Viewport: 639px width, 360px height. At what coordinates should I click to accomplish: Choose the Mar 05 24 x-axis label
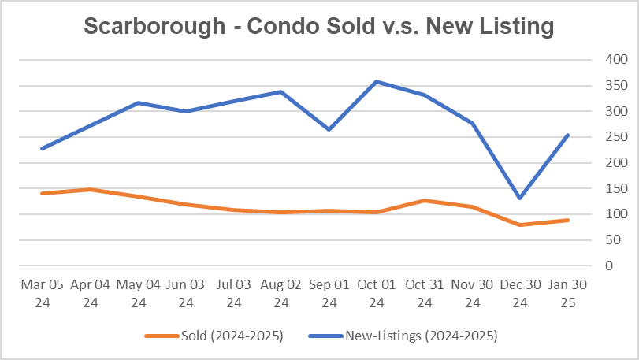tap(42, 292)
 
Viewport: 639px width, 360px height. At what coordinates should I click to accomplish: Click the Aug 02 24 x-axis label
tap(281, 292)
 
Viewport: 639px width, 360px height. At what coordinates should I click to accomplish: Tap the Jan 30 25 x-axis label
tap(567, 292)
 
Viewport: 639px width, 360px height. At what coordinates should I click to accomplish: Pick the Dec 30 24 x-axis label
tap(520, 292)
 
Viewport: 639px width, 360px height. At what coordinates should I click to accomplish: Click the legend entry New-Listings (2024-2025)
tap(421, 336)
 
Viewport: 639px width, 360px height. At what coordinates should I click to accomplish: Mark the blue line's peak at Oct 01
tap(377, 81)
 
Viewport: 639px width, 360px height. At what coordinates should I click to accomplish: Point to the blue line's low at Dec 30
tap(520, 198)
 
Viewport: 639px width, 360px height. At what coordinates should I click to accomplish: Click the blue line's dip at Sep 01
tap(329, 129)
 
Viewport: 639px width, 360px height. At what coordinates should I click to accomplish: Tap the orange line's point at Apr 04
tap(90, 189)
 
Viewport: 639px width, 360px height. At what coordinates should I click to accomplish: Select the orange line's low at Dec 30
tap(520, 225)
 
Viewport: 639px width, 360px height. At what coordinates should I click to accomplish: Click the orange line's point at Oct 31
tap(425, 200)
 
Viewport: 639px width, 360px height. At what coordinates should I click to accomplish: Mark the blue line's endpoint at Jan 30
tap(567, 135)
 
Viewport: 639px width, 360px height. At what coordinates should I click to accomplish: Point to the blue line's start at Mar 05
tap(42, 148)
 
